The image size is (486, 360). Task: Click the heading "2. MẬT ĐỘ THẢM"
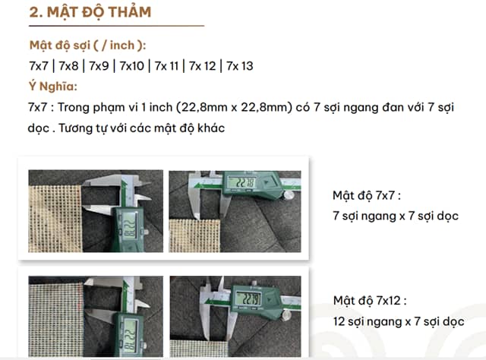[x=90, y=12]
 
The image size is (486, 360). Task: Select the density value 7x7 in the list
[x=39, y=66]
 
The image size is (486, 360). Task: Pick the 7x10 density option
[x=131, y=66]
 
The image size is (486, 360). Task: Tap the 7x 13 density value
[x=240, y=66]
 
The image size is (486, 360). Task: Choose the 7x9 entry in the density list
[x=99, y=66]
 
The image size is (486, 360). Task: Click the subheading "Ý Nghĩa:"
[x=53, y=86]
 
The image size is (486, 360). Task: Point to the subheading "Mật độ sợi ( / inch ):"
[x=88, y=46]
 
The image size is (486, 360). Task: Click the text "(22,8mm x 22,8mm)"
[x=234, y=107]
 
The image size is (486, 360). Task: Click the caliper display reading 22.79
[x=248, y=299]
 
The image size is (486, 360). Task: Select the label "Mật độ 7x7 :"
[x=367, y=196]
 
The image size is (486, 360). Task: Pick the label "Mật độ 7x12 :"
[x=370, y=301]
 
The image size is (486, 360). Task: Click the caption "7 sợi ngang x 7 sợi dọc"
[x=396, y=216]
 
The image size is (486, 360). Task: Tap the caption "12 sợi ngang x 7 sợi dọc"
[x=399, y=321]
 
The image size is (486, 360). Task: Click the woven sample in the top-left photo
[x=55, y=219]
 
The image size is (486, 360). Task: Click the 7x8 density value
[x=69, y=66]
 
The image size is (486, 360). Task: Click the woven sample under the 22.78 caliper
[x=194, y=235]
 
